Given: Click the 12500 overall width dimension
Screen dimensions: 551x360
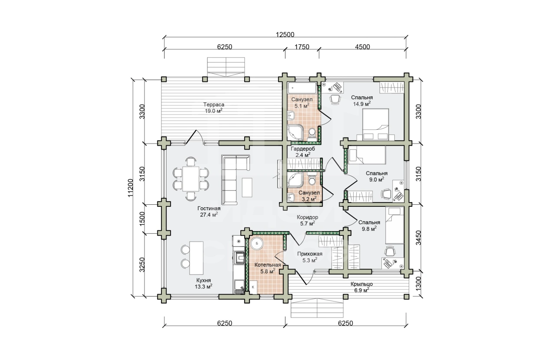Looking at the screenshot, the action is point(285,34).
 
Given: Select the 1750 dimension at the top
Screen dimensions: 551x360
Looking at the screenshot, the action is point(302,47).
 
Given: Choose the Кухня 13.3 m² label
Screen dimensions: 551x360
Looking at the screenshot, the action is point(203,283).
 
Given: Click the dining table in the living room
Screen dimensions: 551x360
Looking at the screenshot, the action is point(190,179).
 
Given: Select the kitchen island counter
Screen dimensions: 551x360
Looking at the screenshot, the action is point(196,258).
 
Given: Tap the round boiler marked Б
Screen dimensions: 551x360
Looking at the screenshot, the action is point(257,243).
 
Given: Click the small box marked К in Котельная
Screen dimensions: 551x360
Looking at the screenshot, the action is point(253,287).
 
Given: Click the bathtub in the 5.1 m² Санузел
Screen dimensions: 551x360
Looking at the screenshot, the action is point(302,88).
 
